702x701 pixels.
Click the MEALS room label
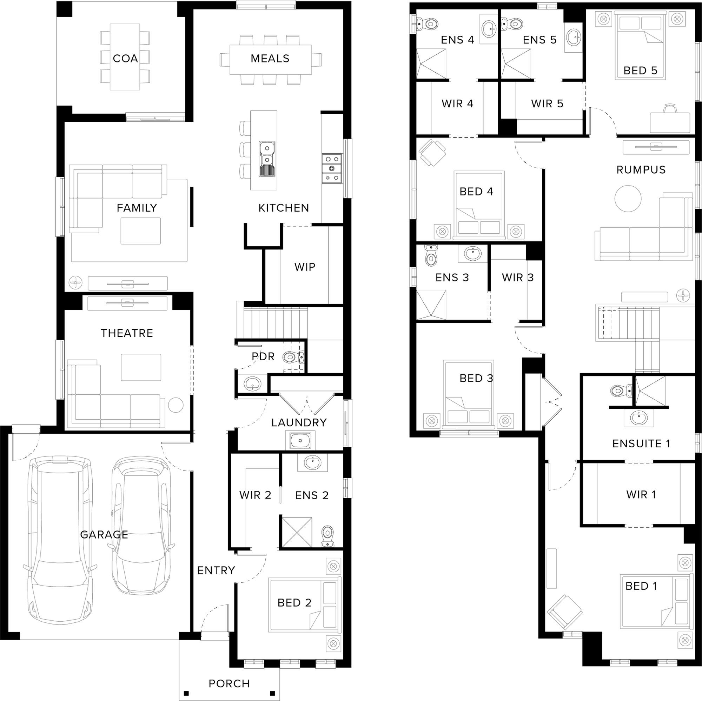(270, 59)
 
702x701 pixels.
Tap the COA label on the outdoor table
(125, 59)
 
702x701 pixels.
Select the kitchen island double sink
(267, 159)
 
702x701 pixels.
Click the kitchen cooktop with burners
(332, 168)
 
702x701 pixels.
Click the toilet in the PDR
(293, 358)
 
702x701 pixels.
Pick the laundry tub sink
(300, 441)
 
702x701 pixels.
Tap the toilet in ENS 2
(328, 536)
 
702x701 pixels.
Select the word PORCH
(229, 683)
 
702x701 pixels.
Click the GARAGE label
(104, 535)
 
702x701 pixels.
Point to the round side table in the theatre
(176, 405)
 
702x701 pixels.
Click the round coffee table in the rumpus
(628, 199)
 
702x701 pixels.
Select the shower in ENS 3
(431, 305)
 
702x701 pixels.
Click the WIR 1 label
(641, 494)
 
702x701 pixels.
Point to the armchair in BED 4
(432, 153)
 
